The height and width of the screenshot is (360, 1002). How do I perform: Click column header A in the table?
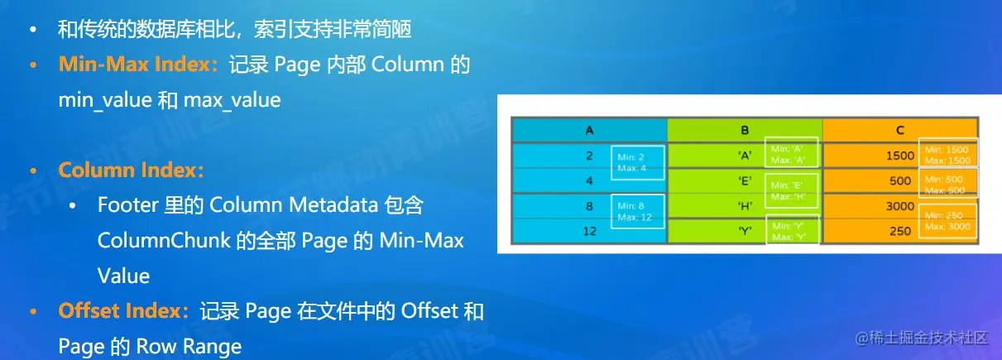coord(589,130)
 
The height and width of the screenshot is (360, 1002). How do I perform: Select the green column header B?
coord(745,130)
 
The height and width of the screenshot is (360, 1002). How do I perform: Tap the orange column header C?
coord(899,130)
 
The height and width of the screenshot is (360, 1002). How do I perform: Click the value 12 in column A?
coord(589,231)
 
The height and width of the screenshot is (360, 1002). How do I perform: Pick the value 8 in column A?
coord(589,205)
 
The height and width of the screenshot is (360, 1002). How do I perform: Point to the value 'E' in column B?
coord(745,180)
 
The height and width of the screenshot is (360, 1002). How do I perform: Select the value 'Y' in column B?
coord(745,231)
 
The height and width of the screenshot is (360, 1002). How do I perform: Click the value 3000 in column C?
coord(899,206)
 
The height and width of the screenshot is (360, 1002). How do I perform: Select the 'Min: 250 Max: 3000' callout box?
coord(947,219)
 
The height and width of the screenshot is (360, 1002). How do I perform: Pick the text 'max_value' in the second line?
coord(233,101)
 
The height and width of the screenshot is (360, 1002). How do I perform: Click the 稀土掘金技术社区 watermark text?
coord(930,338)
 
